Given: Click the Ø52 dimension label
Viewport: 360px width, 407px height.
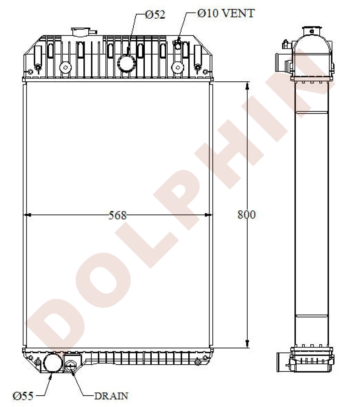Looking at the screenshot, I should pos(155,15).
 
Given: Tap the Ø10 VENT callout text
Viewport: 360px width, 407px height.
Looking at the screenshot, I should pos(226,13).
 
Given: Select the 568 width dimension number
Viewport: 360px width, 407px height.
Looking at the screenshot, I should pos(118,215).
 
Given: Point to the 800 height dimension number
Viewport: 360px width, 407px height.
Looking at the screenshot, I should pos(247,214).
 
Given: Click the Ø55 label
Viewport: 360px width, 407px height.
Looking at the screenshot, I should pos(23,395).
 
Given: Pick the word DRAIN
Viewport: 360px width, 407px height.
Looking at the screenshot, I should pos(111,396).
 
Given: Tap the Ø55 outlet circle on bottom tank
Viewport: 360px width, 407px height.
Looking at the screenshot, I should pos(52,363).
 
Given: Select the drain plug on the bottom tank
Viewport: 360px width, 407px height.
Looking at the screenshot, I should pos(71,365).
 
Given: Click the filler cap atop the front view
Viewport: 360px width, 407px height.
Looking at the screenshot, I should pos(83,31).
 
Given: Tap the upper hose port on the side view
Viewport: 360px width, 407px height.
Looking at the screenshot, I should pos(281,61).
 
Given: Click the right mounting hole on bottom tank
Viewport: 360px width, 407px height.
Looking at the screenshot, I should pos(198,362).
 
